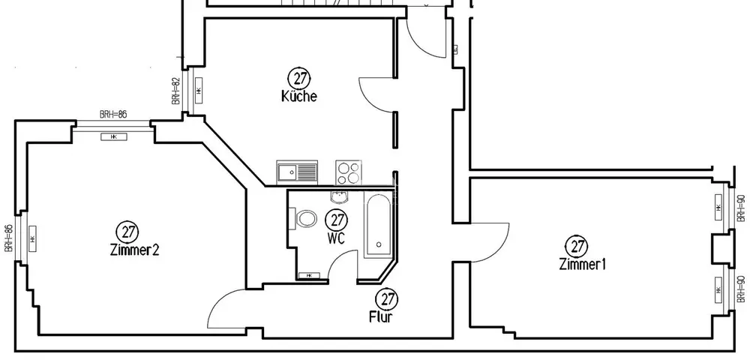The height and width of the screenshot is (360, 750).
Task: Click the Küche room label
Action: pyautogui.click(x=299, y=97)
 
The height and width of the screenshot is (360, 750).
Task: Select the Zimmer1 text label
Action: pyautogui.click(x=582, y=264)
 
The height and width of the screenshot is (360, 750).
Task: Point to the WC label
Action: pyautogui.click(x=336, y=237)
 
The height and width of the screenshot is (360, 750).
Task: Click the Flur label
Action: pyautogui.click(x=381, y=316)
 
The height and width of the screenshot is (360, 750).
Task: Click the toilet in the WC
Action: pyautogui.click(x=306, y=220)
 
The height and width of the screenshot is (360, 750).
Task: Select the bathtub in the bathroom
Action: pyautogui.click(x=376, y=223)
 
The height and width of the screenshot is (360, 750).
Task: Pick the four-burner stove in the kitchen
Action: pyautogui.click(x=347, y=172)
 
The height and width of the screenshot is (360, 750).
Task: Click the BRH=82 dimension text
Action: pyautogui.click(x=175, y=91)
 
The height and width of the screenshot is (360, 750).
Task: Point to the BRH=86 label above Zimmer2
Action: pyautogui.click(x=113, y=115)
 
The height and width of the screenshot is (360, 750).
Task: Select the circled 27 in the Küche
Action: pyautogui.click(x=300, y=77)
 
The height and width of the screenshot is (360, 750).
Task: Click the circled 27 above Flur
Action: pyautogui.click(x=385, y=298)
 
